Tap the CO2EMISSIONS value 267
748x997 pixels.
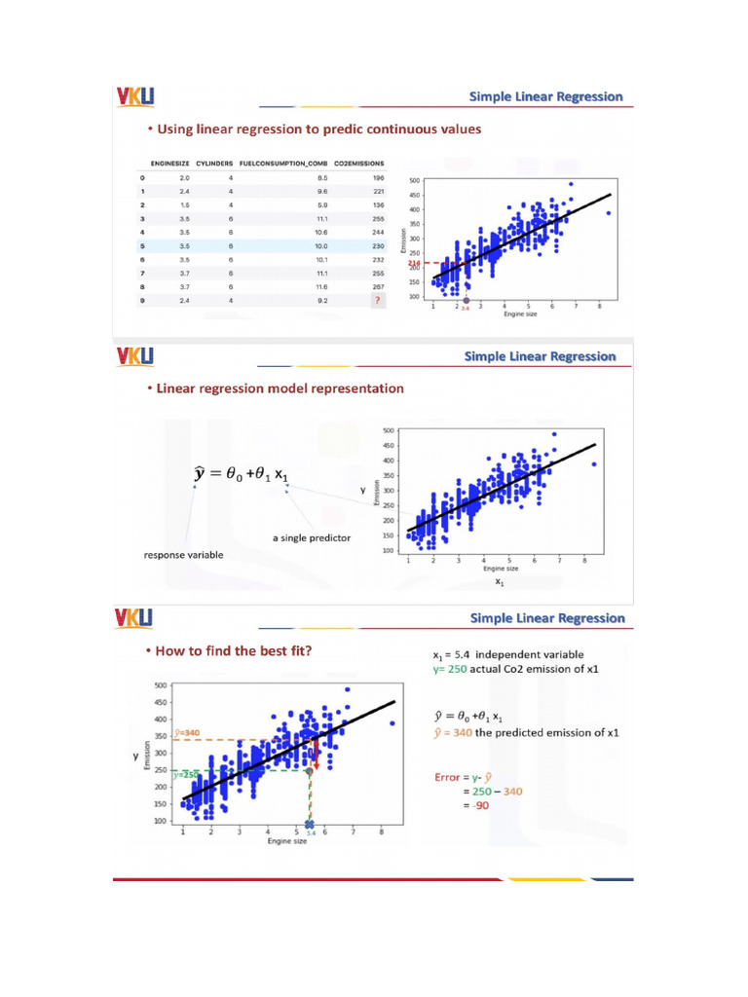click(x=378, y=287)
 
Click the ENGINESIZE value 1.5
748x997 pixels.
click(x=184, y=205)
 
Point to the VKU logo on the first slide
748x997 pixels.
click(x=134, y=96)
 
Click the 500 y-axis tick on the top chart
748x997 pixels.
click(x=415, y=181)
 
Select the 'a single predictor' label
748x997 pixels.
click(x=312, y=537)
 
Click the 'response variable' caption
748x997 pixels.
click(x=183, y=555)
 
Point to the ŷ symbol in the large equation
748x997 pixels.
click(x=200, y=474)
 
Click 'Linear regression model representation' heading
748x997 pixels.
click(x=275, y=388)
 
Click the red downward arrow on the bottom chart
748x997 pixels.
click(x=316, y=755)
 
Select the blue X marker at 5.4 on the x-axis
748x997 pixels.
click(x=310, y=826)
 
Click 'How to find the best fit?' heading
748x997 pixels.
click(x=235, y=650)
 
